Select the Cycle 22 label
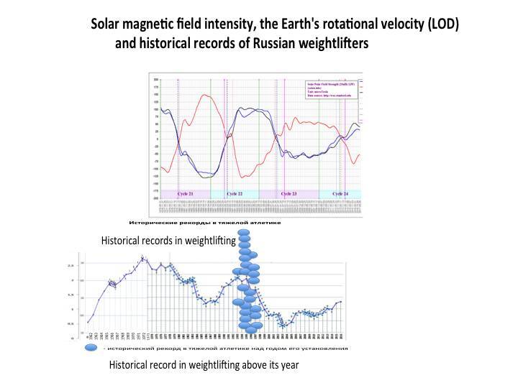[235, 194]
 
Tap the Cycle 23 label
[288, 194]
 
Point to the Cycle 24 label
[341, 194]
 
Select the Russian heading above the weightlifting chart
[204, 223]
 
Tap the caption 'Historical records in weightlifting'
[168, 241]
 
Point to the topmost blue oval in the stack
[245, 233]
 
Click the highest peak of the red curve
[206, 95]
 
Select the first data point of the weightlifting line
[87, 323]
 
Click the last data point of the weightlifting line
[340, 302]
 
